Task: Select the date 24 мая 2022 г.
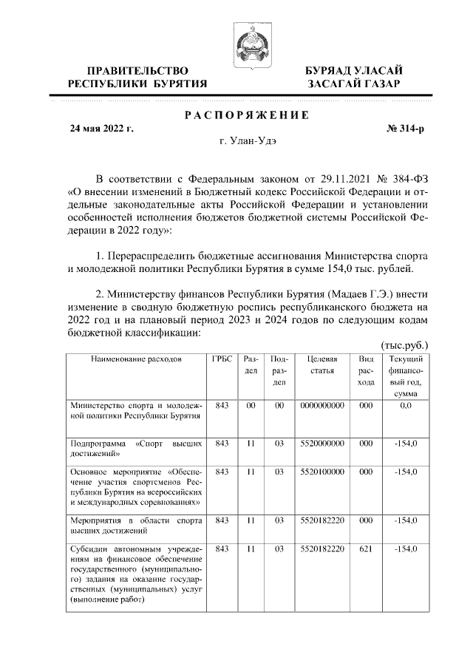pyautogui.click(x=101, y=128)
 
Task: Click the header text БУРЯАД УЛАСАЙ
pyautogui.click(x=355, y=70)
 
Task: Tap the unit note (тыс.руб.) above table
pyautogui.click(x=404, y=345)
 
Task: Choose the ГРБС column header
pyautogui.click(x=221, y=359)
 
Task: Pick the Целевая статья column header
pyautogui.click(x=323, y=364)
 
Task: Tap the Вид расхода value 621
pyautogui.click(x=366, y=549)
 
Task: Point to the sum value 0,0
pyautogui.click(x=405, y=406)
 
